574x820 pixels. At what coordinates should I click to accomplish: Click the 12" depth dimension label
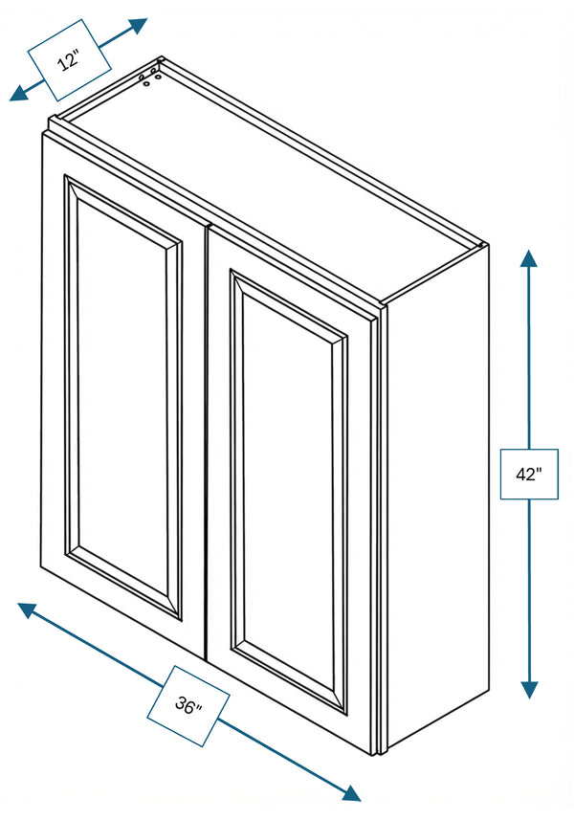[x=69, y=60]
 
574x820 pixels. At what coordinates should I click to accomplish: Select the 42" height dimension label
[x=528, y=474]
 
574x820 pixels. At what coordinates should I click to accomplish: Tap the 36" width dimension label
[x=188, y=705]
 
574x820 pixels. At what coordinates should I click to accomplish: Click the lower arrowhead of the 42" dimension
[x=530, y=690]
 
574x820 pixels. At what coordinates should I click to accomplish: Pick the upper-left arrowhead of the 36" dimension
[x=26, y=609]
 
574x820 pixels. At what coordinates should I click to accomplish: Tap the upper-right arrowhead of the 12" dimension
[x=139, y=25]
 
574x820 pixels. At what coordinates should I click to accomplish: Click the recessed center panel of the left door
[x=123, y=397]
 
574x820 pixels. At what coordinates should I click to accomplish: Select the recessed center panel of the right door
[x=288, y=492]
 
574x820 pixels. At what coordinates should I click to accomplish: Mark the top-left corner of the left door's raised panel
[x=64, y=175]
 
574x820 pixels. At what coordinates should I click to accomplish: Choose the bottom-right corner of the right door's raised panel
[x=346, y=715]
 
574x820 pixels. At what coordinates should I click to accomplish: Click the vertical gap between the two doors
[x=207, y=442]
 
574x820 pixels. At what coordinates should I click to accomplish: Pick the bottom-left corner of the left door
[x=41, y=566]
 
